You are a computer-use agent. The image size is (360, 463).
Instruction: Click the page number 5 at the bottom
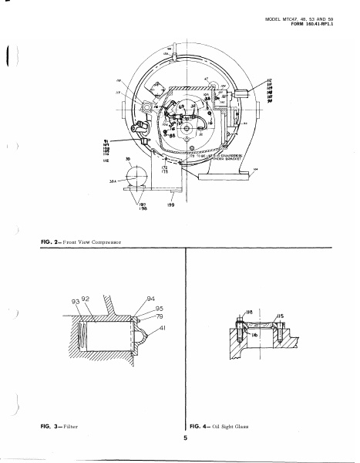tap(185, 438)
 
